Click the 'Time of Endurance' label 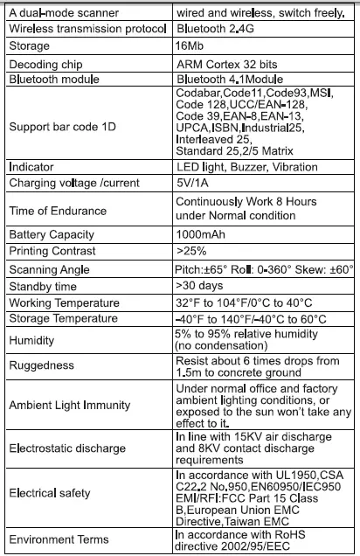click(x=58, y=211)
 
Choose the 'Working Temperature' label click(x=66, y=302)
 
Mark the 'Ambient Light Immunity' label click(x=69, y=406)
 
